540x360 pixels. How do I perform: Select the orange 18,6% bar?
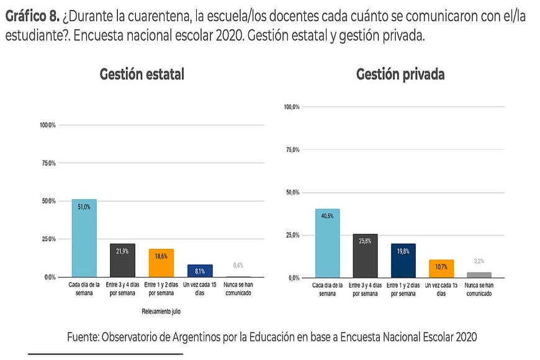[161, 263]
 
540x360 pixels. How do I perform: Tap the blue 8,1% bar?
[200, 271]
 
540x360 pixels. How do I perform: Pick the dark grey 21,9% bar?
[122, 260]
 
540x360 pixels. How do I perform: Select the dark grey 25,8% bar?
[365, 255]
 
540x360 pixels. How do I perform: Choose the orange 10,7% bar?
[441, 268]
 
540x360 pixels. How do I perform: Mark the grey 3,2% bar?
[479, 274]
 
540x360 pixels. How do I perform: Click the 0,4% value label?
[238, 265]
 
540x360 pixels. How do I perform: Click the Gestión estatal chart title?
[142, 74]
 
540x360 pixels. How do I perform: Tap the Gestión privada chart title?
[400, 74]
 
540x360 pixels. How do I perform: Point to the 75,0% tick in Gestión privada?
[292, 150]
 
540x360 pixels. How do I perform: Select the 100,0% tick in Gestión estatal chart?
[48, 125]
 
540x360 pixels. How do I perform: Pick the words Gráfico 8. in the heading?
[32, 17]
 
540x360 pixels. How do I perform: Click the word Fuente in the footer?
[84, 336]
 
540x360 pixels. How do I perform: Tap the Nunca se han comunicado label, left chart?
[238, 289]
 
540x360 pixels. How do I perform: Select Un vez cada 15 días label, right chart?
[441, 289]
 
